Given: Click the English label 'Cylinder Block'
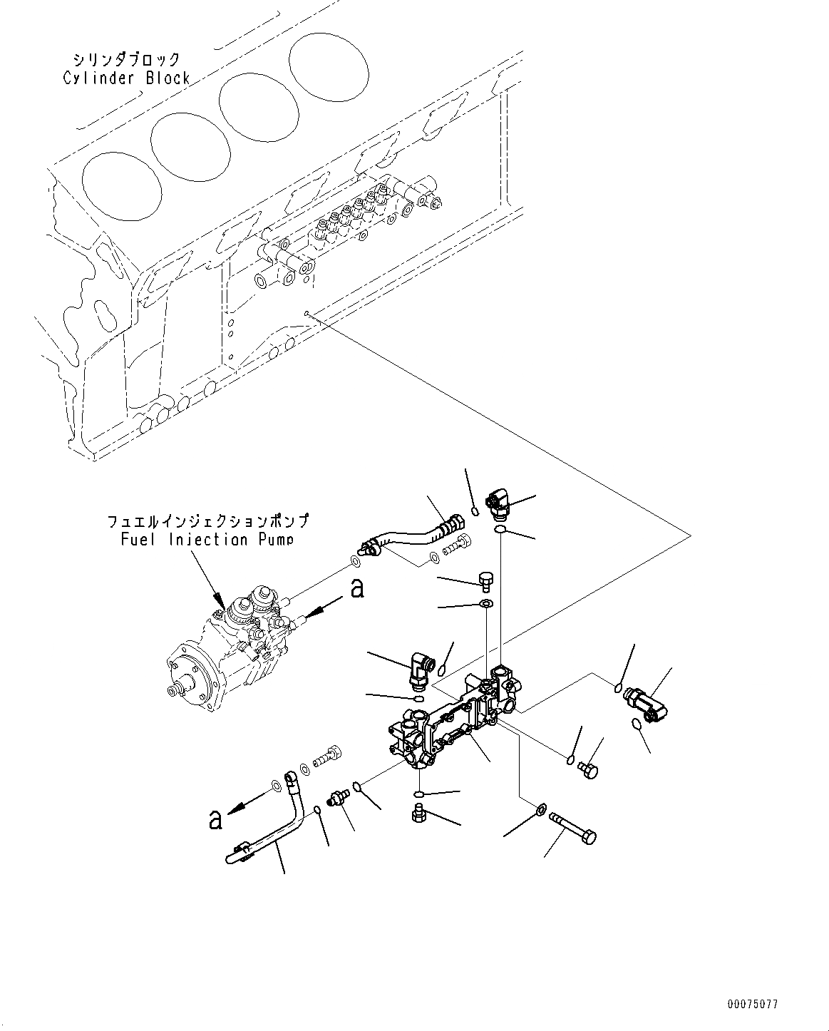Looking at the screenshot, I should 126,78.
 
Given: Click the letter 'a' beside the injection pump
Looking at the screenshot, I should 358,589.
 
